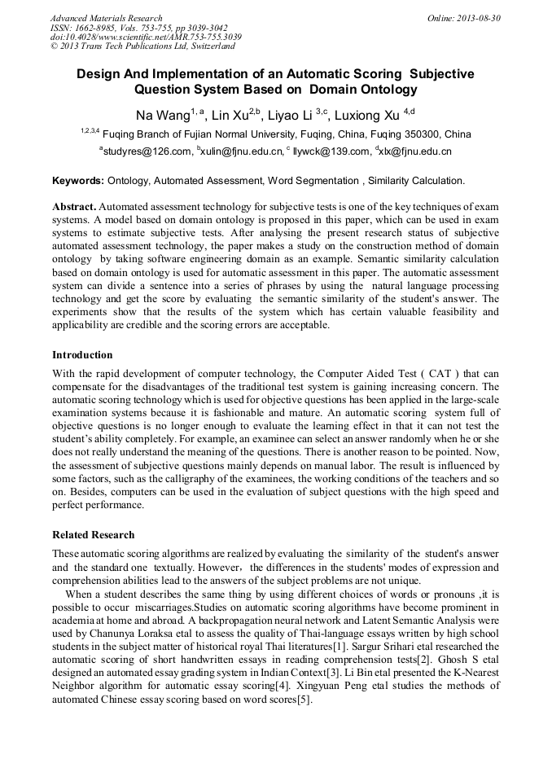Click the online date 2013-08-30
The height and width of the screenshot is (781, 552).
click(x=479, y=18)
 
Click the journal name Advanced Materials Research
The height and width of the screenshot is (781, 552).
click(x=107, y=18)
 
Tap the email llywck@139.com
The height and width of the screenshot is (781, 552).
click(x=331, y=151)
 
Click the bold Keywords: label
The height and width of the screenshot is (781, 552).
click(x=78, y=180)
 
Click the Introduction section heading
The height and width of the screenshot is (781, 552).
click(x=82, y=355)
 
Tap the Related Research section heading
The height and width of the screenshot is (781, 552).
click(x=94, y=534)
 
